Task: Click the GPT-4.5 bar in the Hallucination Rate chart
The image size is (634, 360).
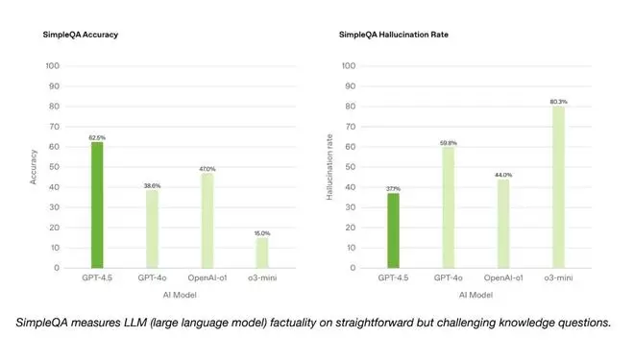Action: (x=393, y=230)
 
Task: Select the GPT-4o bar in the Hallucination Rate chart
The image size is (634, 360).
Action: (x=448, y=207)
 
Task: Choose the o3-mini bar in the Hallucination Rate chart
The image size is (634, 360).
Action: (x=558, y=187)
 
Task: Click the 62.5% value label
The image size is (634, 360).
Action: (x=97, y=137)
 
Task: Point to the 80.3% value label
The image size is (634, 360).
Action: (x=558, y=101)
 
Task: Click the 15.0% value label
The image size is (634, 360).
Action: (x=262, y=233)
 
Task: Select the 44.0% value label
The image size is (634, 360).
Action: (x=503, y=175)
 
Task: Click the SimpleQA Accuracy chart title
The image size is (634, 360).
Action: (x=82, y=35)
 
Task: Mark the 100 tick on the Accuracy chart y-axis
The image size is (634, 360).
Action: (x=53, y=66)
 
